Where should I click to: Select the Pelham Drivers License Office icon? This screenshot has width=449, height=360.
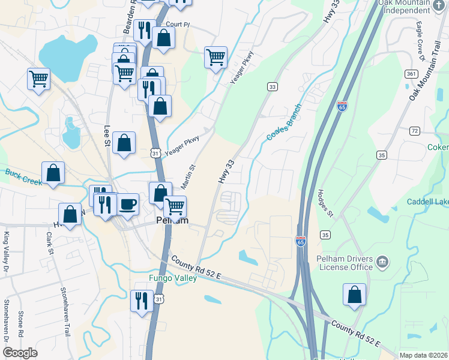click(x=382, y=262)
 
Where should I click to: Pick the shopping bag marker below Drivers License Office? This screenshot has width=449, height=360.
click(x=354, y=295)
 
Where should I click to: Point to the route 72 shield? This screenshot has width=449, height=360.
click(x=414, y=130)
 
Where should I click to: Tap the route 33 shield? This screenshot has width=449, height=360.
click(x=273, y=87)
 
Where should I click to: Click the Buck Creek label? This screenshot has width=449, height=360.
click(x=24, y=176)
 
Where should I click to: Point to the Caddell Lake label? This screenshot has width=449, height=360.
click(x=428, y=203)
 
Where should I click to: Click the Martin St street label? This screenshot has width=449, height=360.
click(x=188, y=178)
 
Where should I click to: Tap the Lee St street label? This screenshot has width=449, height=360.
click(x=108, y=136)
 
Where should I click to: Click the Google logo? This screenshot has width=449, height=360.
click(x=20, y=353)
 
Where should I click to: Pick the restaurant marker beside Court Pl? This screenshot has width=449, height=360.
click(x=144, y=31)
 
